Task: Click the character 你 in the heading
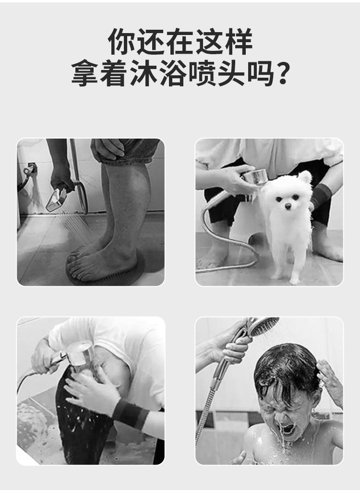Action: pos(122,42)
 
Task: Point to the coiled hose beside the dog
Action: pos(226,240)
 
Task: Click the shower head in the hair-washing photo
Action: pos(79,354)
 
